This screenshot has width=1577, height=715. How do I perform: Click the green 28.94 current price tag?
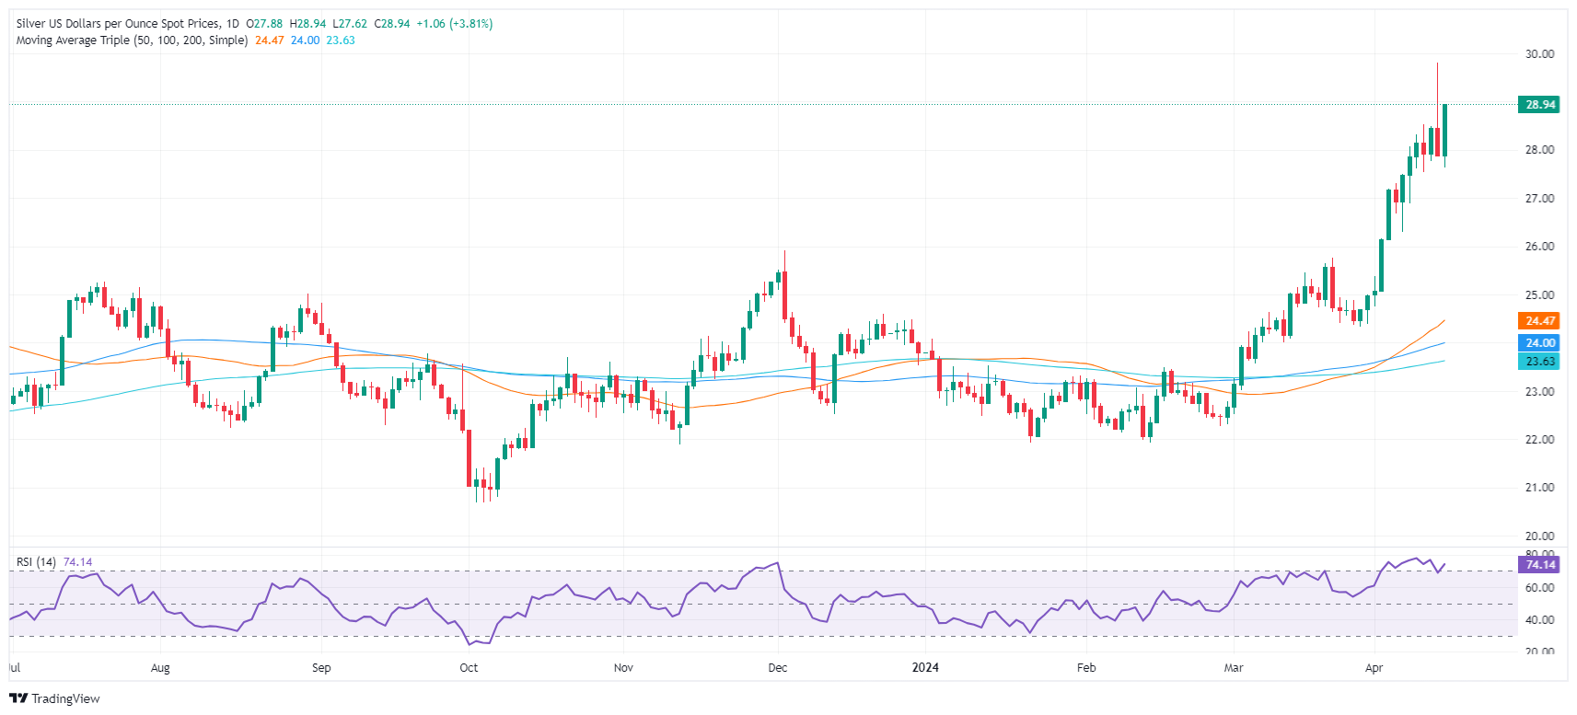pyautogui.click(x=1539, y=105)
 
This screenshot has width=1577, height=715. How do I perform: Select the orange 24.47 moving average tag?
pyautogui.click(x=1539, y=321)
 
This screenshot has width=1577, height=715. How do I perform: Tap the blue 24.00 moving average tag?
pyautogui.click(x=1539, y=343)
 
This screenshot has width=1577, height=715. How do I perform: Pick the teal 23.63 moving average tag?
pyautogui.click(x=1539, y=362)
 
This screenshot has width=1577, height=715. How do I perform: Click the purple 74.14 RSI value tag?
pyautogui.click(x=1539, y=565)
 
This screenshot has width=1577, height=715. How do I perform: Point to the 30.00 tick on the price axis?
pyautogui.click(x=1539, y=54)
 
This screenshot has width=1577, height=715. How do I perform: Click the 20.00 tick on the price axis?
pyautogui.click(x=1539, y=536)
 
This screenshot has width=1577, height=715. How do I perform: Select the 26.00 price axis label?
pyautogui.click(x=1539, y=247)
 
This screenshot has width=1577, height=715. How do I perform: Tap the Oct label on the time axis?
pyautogui.click(x=469, y=668)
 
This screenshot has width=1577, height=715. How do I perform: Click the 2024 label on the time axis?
pyautogui.click(x=925, y=668)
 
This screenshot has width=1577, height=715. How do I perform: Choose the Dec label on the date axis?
pyautogui.click(x=778, y=668)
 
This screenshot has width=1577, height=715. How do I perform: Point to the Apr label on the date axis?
pyautogui.click(x=1374, y=668)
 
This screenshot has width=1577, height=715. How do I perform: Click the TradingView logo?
pyautogui.click(x=54, y=698)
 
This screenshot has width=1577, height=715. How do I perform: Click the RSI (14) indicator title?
pyautogui.click(x=36, y=562)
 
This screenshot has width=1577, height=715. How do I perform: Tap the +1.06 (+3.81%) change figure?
pyautogui.click(x=454, y=24)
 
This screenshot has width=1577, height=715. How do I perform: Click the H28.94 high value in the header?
pyautogui.click(x=307, y=24)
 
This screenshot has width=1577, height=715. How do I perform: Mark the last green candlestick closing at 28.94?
pyautogui.click(x=1444, y=130)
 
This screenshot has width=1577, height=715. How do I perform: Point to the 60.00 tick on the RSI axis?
pyautogui.click(x=1539, y=587)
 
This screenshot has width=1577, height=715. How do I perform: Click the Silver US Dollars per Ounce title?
pyautogui.click(x=118, y=24)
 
